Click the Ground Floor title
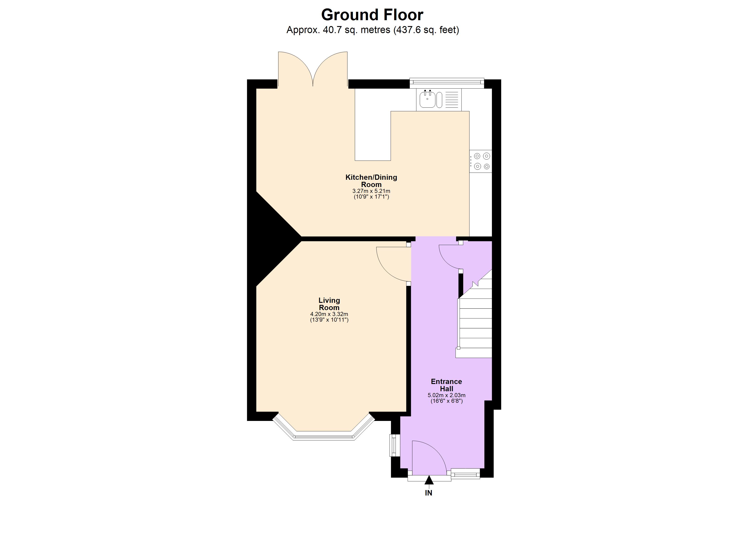pos(372,15)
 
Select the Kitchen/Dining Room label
pos(371,181)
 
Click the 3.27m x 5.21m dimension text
pos(371,191)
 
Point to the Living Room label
pos(329,304)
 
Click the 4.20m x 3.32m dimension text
pos(329,314)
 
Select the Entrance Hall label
pos(446,385)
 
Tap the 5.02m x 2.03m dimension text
pos(446,395)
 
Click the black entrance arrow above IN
pos(429,480)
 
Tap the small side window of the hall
pos(394,445)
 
